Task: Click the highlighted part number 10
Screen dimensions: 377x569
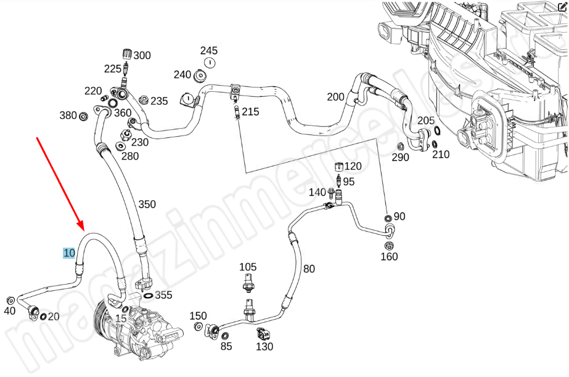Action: [69, 253]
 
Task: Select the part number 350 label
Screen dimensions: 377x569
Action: [147, 205]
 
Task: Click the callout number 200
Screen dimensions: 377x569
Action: [335, 97]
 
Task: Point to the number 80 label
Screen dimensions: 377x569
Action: [309, 269]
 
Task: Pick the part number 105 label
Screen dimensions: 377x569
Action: [248, 267]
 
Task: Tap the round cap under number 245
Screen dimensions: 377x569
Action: [209, 63]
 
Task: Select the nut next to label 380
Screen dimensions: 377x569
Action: [83, 116]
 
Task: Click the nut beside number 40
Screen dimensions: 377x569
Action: [10, 300]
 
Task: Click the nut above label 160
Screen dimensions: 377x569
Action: [389, 246]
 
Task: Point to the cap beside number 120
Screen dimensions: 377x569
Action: [338, 167]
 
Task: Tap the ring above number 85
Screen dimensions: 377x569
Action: [225, 334]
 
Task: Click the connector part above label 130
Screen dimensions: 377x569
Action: [263, 335]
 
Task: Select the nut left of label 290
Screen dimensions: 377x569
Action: [399, 147]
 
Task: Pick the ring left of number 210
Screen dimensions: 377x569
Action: [434, 145]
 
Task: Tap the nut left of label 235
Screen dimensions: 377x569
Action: [143, 100]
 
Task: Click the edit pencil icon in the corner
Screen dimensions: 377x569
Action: [562, 6]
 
